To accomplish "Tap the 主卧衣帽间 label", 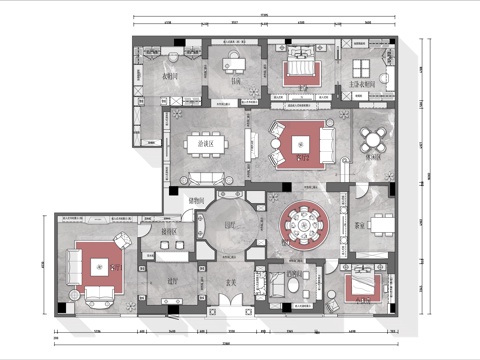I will point(362,85).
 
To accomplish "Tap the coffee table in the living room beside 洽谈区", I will point(299,141).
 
